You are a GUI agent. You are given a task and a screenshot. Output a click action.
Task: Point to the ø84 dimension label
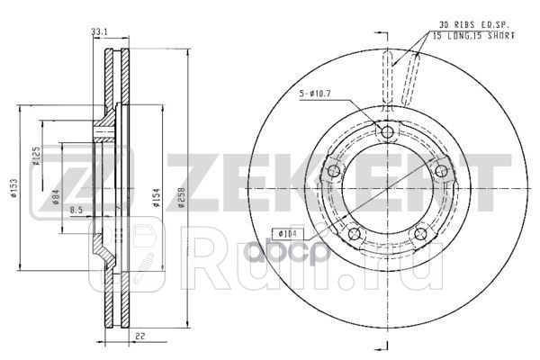(56, 197)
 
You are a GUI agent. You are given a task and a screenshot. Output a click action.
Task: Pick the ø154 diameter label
(157, 198)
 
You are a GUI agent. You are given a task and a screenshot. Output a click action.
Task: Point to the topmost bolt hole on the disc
(388, 133)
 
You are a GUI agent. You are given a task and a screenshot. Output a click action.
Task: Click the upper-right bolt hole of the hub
(443, 172)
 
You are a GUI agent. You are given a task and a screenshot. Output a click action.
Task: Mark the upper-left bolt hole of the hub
(333, 172)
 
